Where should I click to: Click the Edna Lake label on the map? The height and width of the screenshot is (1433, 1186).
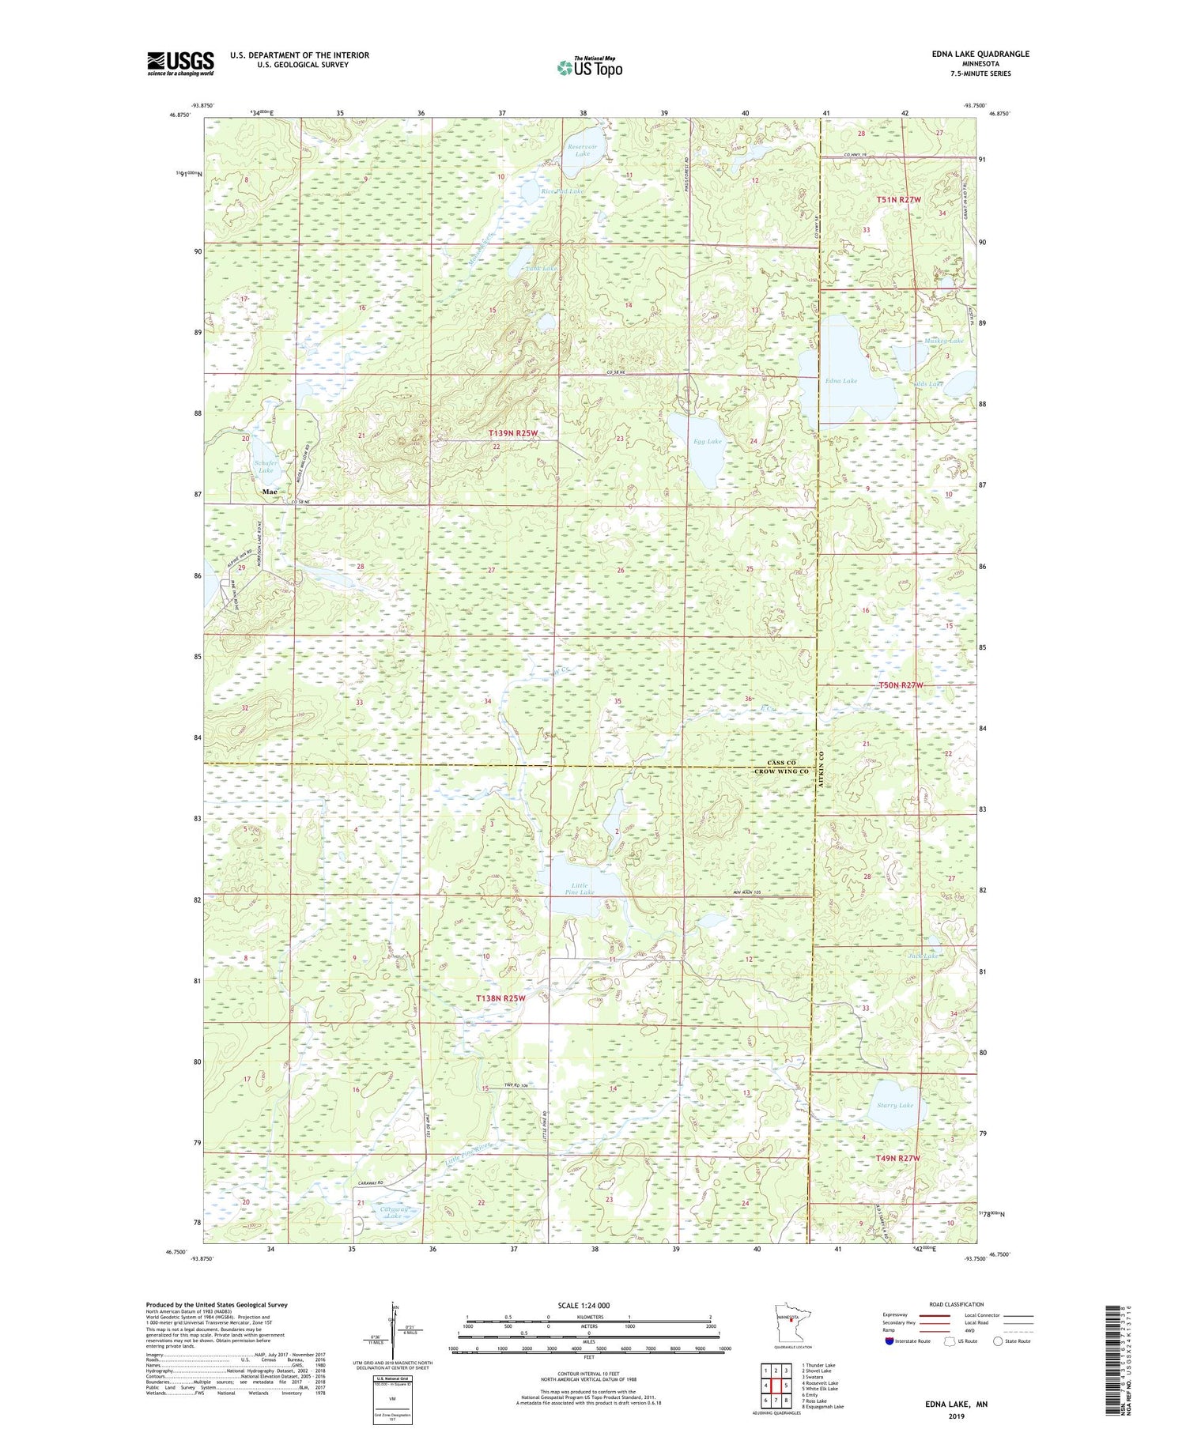pos(840,381)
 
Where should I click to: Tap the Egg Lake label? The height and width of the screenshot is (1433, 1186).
pos(708,441)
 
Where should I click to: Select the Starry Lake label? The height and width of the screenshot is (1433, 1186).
pos(894,1105)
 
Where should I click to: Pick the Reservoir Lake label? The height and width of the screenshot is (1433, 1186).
pos(583,149)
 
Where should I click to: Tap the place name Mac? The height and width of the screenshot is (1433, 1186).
pos(270,492)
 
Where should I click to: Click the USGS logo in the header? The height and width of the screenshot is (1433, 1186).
pos(180,63)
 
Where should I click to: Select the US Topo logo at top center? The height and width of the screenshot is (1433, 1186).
pos(589,67)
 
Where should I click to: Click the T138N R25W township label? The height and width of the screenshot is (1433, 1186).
pos(500,998)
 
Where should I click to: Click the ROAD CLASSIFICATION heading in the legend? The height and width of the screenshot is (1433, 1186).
pos(957,1304)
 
